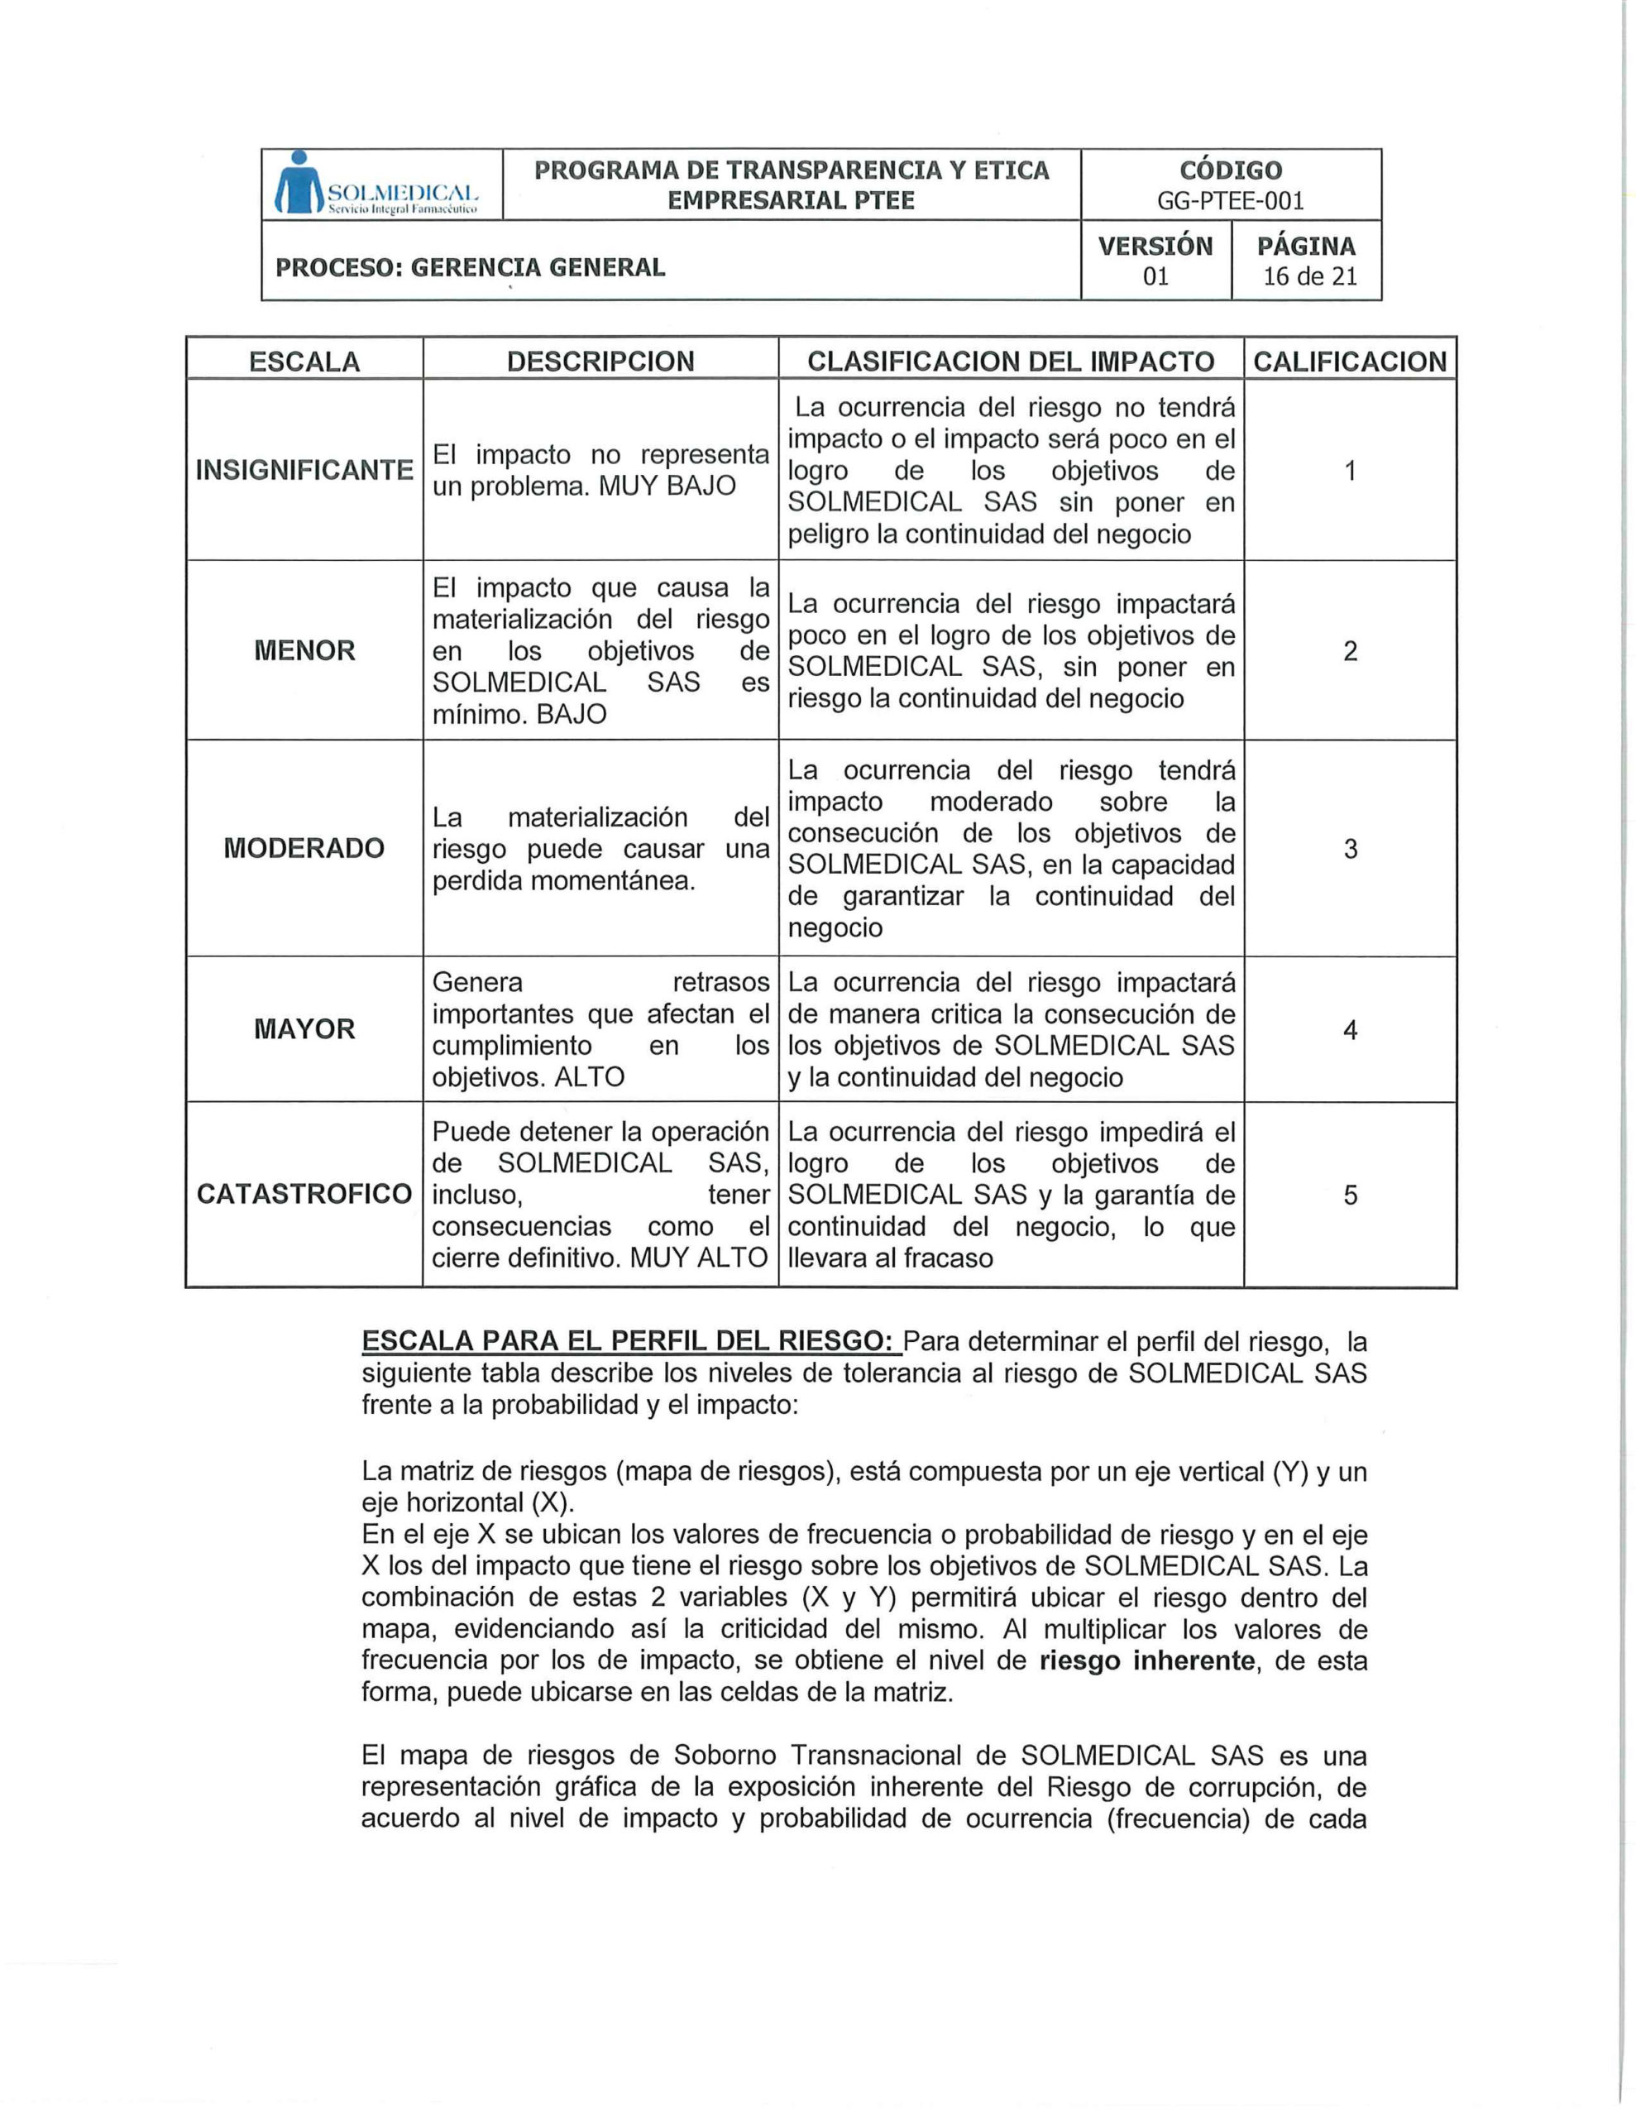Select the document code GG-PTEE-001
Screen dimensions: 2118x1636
point(1230,201)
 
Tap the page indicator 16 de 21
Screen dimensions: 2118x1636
point(1308,276)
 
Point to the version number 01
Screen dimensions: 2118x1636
point(1155,276)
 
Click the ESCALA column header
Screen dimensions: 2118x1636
point(304,362)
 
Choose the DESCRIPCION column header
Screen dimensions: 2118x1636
point(600,362)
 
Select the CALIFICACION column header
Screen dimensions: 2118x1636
point(1349,362)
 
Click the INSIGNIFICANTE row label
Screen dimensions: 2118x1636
point(304,470)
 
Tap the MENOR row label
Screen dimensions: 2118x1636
point(304,651)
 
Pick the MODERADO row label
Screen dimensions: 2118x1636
point(304,849)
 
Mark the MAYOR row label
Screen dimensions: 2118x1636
point(304,1029)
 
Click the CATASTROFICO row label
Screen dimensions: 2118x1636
point(304,1194)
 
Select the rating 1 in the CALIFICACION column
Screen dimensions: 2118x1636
point(1349,472)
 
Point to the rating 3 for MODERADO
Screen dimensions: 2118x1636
point(1349,850)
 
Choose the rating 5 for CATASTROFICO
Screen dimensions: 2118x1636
point(1349,1195)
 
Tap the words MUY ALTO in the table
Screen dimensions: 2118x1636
point(698,1258)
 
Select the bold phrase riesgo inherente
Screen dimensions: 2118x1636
point(1146,1660)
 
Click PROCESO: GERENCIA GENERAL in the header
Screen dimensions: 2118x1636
point(471,268)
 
